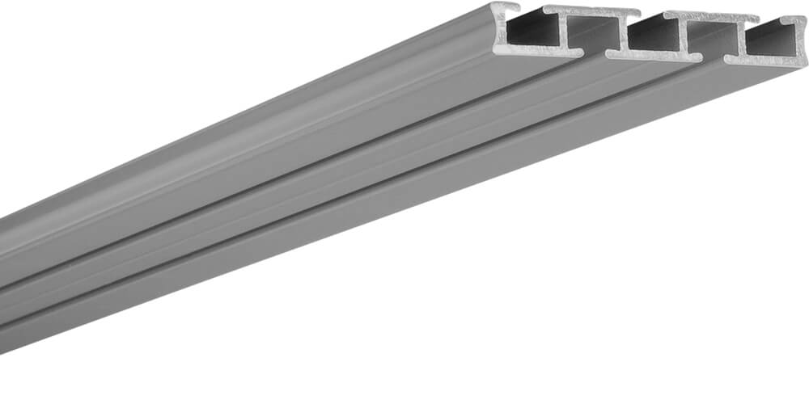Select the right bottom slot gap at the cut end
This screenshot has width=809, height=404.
[x=714, y=59]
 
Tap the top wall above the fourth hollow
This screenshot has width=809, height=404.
[x=712, y=17]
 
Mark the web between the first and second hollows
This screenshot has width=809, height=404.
[x=565, y=32]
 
